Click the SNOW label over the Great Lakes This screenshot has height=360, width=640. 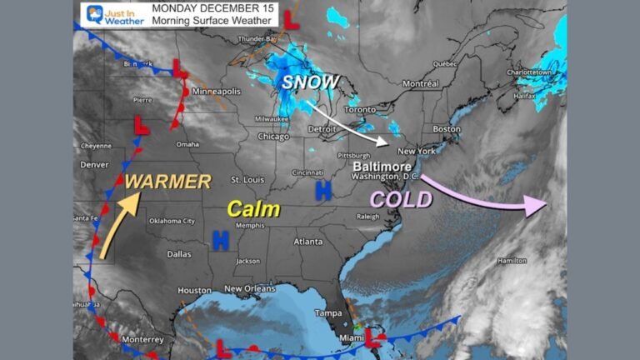(x=310, y=82)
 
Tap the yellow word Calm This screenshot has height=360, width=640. (x=254, y=209)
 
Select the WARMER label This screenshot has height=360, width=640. (x=168, y=181)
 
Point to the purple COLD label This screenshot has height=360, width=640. (x=402, y=199)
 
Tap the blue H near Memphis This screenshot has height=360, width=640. (x=221, y=241)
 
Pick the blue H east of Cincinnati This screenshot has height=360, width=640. (x=323, y=192)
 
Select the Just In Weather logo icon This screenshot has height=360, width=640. (x=93, y=14)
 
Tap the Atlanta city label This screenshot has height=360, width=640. (x=308, y=242)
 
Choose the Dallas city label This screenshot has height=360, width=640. (x=178, y=253)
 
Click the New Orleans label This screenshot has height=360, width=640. (x=247, y=288)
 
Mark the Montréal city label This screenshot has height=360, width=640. (x=420, y=83)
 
